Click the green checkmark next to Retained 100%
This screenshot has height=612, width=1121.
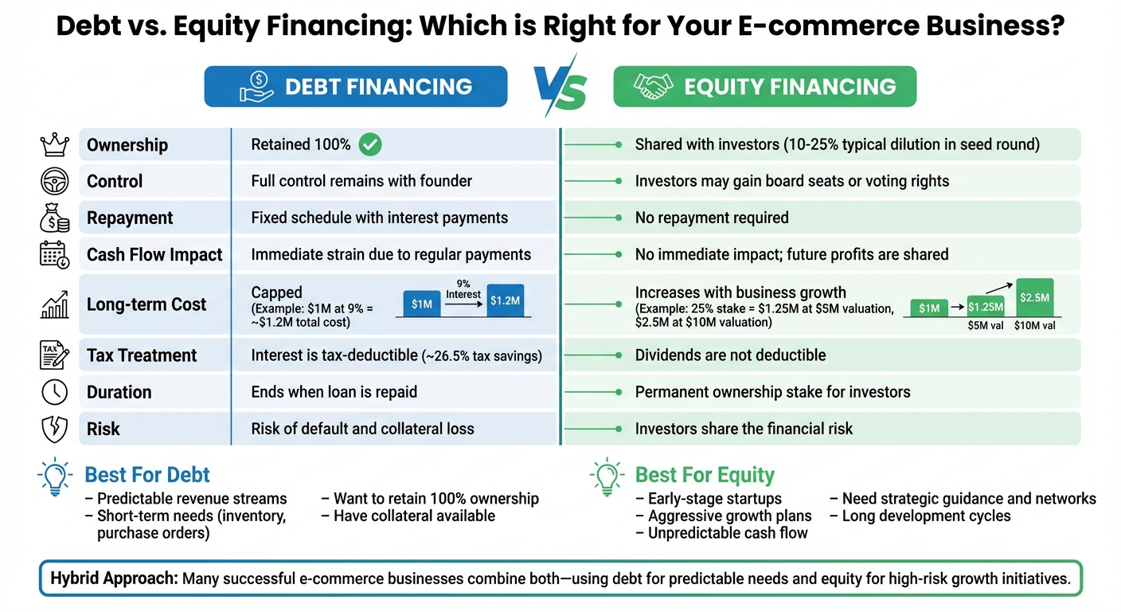(370, 144)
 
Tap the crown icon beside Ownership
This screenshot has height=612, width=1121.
(54, 145)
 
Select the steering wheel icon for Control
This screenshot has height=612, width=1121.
(54, 182)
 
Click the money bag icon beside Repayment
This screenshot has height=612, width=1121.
(54, 218)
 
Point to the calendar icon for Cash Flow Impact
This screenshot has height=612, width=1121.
(54, 255)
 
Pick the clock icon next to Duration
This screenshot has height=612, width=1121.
(54, 392)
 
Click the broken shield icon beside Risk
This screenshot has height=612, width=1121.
(54, 429)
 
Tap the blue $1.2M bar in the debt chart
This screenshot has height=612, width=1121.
(506, 301)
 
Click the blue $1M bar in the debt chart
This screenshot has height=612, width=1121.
(421, 304)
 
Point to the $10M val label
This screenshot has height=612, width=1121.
(1035, 325)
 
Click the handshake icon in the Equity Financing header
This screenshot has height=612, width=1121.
(653, 87)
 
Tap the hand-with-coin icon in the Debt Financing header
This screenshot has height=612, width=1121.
(256, 87)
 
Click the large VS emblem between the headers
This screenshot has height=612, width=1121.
(560, 86)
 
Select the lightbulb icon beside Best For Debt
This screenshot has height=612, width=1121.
(56, 476)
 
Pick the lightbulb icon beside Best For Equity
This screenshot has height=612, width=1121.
(607, 476)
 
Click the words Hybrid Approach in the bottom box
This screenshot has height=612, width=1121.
(114, 579)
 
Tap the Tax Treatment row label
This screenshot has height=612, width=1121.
(142, 355)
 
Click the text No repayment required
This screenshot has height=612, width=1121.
(712, 218)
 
